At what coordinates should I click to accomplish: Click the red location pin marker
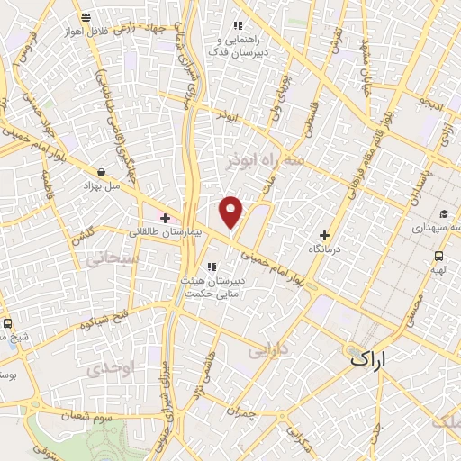click(x=232, y=212)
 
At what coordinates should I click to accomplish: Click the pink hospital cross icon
click(x=165, y=217)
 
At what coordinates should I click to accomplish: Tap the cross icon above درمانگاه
click(x=324, y=234)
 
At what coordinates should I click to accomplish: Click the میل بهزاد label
click(x=100, y=185)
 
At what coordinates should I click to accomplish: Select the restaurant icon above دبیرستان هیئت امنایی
click(x=213, y=266)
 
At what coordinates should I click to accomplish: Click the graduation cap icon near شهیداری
click(x=445, y=213)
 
